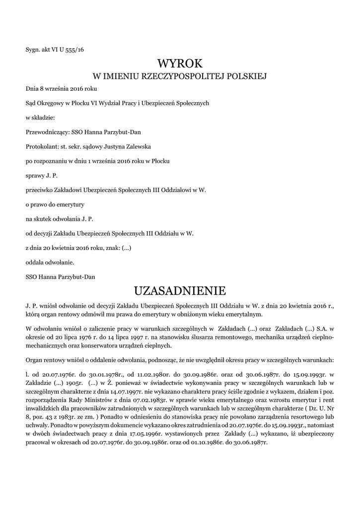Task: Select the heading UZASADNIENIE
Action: pos(180,289)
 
